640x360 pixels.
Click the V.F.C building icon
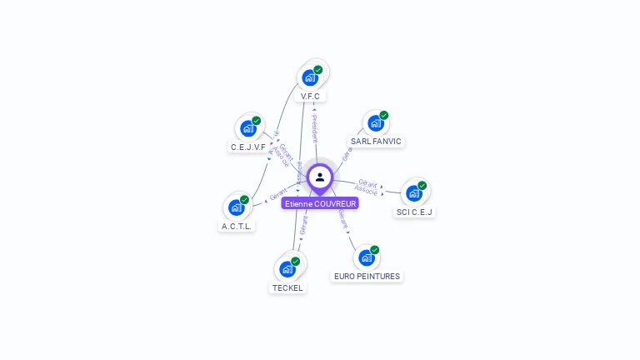pyautogui.click(x=310, y=78)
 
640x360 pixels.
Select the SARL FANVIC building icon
pyautogui.click(x=375, y=123)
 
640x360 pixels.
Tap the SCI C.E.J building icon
pyautogui.click(x=413, y=193)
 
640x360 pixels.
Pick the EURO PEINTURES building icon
pyautogui.click(x=365, y=257)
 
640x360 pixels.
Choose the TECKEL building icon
pyautogui.click(x=287, y=269)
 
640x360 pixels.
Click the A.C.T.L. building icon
pyautogui.click(x=236, y=207)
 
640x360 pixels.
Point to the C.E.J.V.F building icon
pyautogui.click(x=247, y=128)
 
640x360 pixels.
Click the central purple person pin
pyautogui.click(x=320, y=177)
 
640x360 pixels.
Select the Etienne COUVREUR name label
pyautogui.click(x=320, y=203)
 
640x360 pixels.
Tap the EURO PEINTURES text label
pyautogui.click(x=367, y=276)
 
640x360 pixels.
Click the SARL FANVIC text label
pyautogui.click(x=376, y=142)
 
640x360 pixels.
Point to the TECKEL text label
pyautogui.click(x=287, y=288)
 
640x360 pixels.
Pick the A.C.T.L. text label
pyautogui.click(x=237, y=226)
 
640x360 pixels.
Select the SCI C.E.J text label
pyautogui.click(x=415, y=212)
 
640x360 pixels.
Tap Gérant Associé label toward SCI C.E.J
pyautogui.click(x=367, y=187)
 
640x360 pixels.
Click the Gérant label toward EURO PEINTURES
pyautogui.click(x=343, y=219)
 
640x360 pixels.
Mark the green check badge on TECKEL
pyautogui.click(x=295, y=261)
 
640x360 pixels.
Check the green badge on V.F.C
pyautogui.click(x=318, y=70)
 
